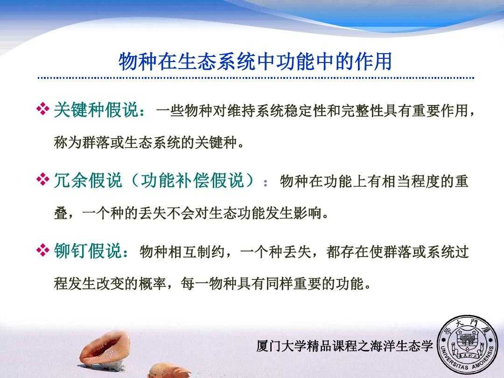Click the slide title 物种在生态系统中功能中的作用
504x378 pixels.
pos(255,61)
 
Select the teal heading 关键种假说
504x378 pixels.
pos(96,110)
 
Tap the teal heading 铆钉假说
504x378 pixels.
pos(88,251)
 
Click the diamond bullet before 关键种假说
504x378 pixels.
pos(43,109)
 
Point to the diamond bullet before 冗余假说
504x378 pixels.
pos(43,179)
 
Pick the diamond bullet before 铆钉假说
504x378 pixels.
pos(43,250)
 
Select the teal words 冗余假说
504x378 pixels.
pos(88,180)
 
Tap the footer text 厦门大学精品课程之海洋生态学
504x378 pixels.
pos(345,346)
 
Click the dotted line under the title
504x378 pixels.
pos(256,78)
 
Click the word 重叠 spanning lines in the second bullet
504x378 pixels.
pos(461,181)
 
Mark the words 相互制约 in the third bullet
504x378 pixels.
pos(196,252)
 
